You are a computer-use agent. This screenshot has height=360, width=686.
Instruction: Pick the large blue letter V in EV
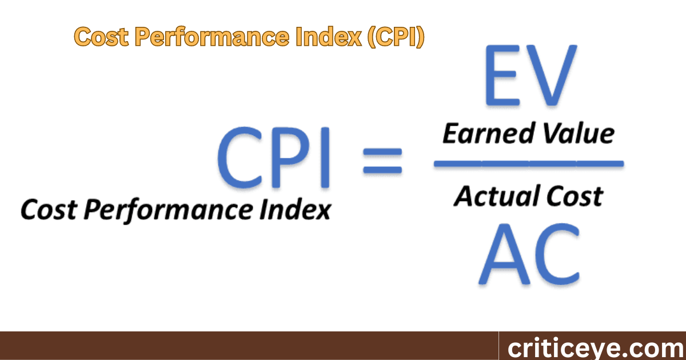(x=549, y=79)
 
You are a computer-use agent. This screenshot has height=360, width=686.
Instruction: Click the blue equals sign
(x=382, y=161)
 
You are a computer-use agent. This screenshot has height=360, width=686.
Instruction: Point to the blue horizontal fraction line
(x=528, y=164)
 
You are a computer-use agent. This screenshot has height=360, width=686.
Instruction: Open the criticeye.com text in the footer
(x=592, y=347)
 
